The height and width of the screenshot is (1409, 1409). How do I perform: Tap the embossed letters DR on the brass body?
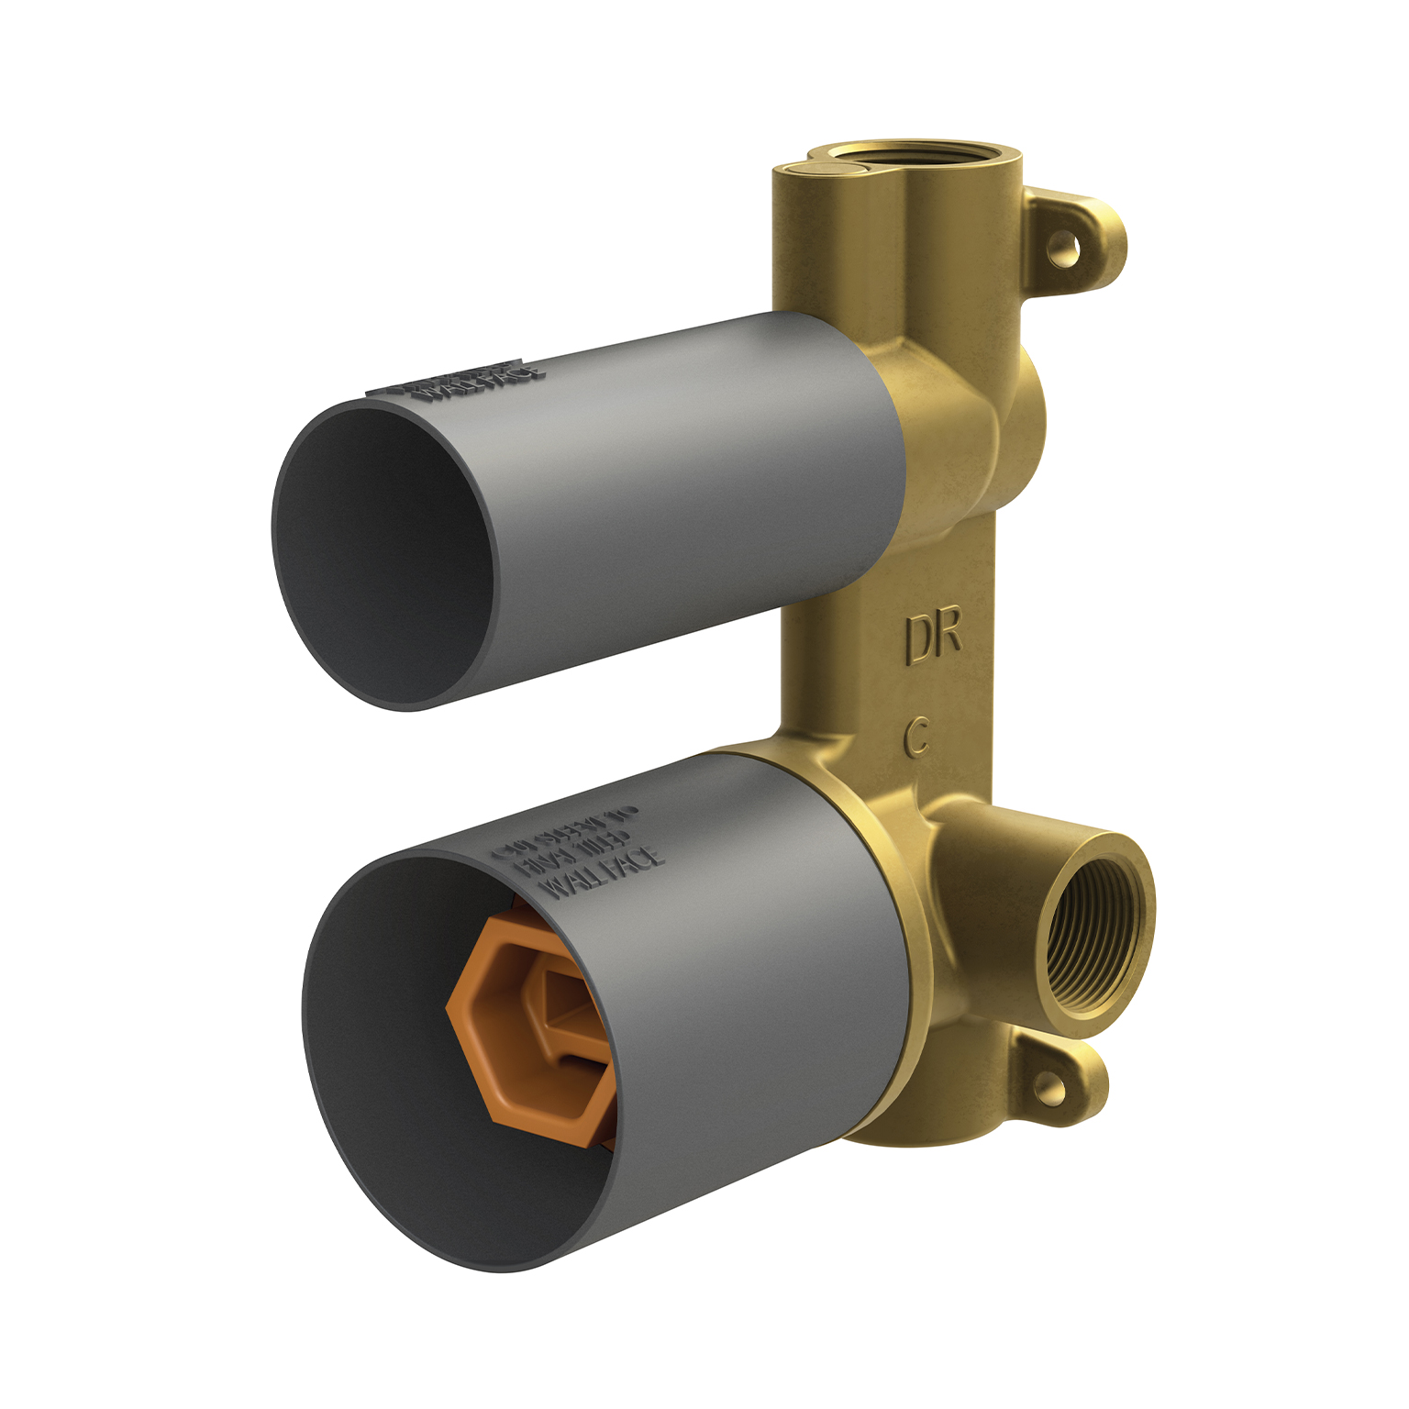[933, 637]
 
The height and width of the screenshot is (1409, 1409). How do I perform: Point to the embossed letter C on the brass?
[916, 737]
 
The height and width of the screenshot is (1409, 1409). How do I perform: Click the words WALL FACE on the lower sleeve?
[601, 871]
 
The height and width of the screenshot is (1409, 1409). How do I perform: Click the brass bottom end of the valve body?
[926, 1133]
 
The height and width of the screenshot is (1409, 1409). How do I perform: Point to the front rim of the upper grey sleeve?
[275, 550]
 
